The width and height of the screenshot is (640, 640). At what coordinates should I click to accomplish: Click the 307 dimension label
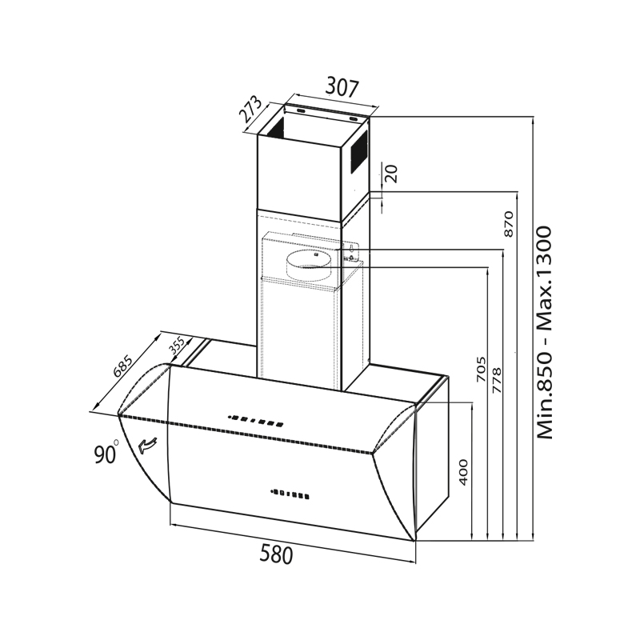click(x=342, y=88)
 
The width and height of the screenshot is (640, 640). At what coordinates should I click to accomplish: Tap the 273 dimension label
click(x=250, y=110)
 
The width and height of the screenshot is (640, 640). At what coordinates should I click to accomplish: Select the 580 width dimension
click(x=276, y=554)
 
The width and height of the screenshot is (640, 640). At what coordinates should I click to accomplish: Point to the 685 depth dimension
click(x=123, y=366)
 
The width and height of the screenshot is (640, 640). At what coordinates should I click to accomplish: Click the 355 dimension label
click(x=177, y=346)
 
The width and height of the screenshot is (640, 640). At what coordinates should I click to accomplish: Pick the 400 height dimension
click(x=463, y=472)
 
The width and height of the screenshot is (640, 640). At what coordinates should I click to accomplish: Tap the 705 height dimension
click(x=482, y=370)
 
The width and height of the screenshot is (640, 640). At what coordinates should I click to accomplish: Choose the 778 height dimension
click(x=497, y=380)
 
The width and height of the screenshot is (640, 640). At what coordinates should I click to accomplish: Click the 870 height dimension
click(x=509, y=224)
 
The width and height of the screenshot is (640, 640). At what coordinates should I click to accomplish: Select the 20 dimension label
click(x=390, y=174)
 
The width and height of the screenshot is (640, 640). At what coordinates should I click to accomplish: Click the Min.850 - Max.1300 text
click(x=544, y=333)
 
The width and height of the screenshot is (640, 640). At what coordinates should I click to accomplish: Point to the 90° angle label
click(x=106, y=453)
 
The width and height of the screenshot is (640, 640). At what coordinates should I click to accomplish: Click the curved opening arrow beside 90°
click(x=147, y=445)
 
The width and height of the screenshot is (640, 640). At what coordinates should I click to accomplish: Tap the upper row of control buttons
click(x=256, y=421)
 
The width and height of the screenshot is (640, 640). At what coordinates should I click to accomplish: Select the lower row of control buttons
click(x=289, y=494)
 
